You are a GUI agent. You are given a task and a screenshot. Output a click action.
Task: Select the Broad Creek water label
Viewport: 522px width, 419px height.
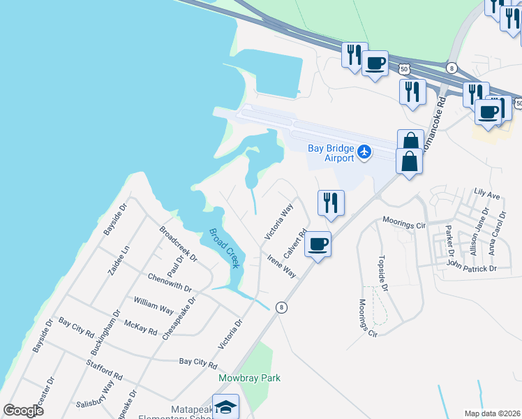225,247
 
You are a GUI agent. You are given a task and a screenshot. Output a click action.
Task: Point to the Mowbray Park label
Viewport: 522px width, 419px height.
249,378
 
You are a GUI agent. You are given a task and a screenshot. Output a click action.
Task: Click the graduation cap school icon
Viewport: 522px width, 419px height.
226,406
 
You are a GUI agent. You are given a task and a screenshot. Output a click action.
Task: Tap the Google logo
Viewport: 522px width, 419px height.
24,411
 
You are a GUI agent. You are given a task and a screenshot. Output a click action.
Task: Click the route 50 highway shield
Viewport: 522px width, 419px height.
404,68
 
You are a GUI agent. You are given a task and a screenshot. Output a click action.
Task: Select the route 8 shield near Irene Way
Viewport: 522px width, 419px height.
281,307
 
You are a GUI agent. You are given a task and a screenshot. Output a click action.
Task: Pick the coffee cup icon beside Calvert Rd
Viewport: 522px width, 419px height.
318,244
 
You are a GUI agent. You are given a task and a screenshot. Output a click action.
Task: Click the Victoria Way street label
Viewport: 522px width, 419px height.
278,222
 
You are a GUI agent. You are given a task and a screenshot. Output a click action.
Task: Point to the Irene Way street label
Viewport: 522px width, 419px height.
281,266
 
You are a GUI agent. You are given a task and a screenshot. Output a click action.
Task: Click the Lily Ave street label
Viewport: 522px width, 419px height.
486,192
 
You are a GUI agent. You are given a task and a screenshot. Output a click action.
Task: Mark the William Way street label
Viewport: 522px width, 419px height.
154,305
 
